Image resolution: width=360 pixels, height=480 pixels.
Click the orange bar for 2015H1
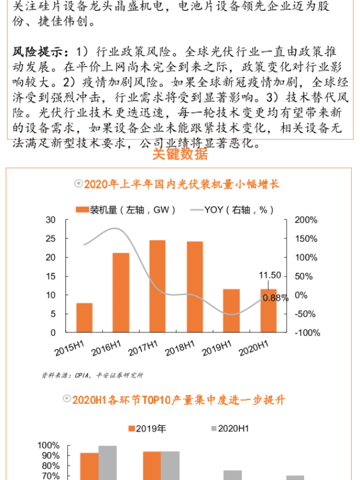(x=84, y=317)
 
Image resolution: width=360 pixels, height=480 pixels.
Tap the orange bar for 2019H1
(x=231, y=310)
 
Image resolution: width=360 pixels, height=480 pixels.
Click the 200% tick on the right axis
(x=305, y=220)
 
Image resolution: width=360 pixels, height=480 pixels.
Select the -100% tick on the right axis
(x=307, y=332)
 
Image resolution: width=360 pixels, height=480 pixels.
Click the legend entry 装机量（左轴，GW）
(x=125, y=209)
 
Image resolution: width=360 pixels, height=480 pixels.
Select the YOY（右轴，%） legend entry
(x=234, y=209)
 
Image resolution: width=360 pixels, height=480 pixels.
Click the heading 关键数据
(x=180, y=154)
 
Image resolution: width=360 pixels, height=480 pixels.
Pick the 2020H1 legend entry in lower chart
(x=227, y=428)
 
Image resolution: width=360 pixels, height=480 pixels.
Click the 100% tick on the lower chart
(x=48, y=446)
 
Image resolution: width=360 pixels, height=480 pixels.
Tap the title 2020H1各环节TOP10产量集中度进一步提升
(x=186, y=400)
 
